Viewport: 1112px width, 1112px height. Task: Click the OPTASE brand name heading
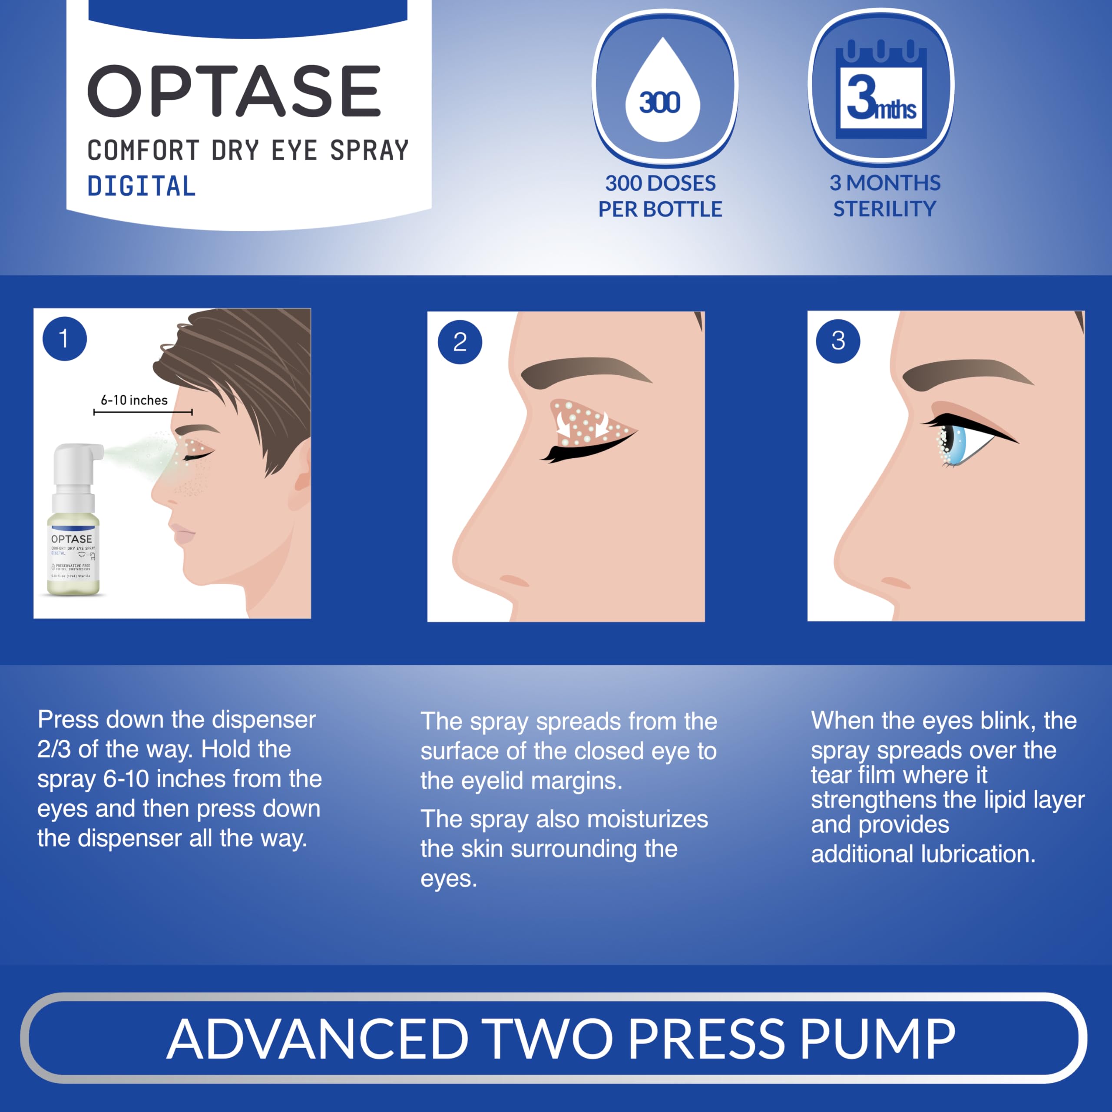point(234,91)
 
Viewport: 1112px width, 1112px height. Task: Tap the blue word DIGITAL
point(142,186)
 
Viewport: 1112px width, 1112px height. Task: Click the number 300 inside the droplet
point(660,103)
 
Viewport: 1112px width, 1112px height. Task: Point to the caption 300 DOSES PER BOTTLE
point(660,196)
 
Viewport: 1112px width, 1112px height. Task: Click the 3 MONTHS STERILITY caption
point(885,196)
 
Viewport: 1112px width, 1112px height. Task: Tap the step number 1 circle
point(64,338)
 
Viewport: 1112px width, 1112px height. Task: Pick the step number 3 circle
point(838,341)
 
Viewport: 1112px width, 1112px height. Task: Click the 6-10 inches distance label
point(134,400)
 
